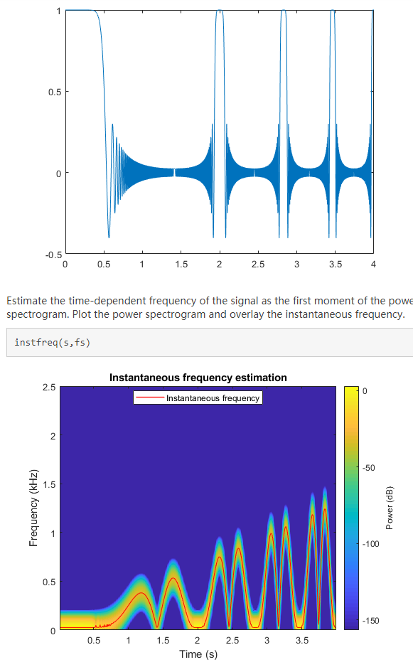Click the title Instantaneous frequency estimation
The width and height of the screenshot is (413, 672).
point(198,378)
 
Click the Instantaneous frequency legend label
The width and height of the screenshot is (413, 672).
point(213,398)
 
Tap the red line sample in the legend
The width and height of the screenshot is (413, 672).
point(150,398)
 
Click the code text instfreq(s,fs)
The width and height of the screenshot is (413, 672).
point(52,343)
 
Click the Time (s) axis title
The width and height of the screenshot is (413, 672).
point(198,654)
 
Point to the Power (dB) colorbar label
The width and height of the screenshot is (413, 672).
point(390,508)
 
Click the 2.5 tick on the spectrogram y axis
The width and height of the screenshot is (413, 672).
point(49,388)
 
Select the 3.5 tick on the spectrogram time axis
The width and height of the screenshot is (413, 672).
point(301,641)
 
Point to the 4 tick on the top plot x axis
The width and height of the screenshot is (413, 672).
point(373,265)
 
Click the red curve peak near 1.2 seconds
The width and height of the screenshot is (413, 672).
point(142,592)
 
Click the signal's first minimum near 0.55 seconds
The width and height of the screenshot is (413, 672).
point(109,237)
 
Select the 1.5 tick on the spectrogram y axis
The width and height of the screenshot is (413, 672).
point(49,484)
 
